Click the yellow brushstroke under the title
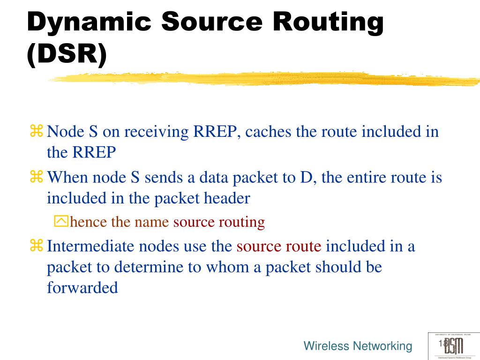point(262,79)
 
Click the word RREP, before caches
point(216,132)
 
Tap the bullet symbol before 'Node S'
point(36,131)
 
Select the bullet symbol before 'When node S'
point(36,177)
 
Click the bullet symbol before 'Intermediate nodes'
point(36,246)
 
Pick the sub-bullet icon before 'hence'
point(61,221)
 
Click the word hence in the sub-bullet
point(88,222)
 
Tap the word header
point(228,198)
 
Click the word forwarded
point(82,287)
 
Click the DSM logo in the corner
point(453,346)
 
